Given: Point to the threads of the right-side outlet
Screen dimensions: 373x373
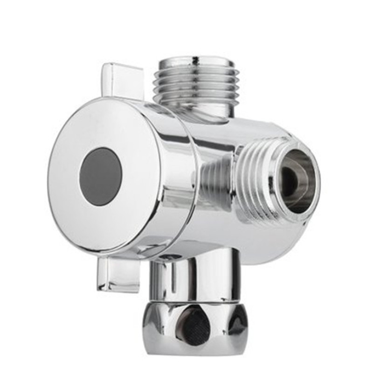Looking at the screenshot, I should click(x=252, y=177).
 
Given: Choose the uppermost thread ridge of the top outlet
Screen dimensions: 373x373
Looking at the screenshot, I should click(x=196, y=65).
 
